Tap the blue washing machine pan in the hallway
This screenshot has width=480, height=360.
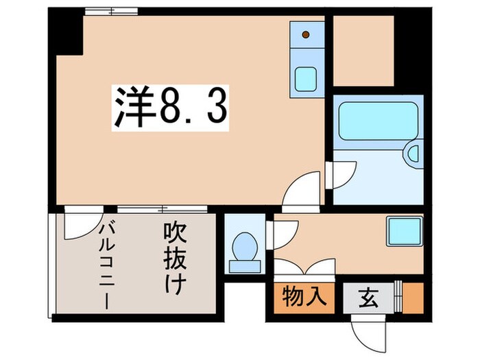pyautogui.click(x=405, y=232)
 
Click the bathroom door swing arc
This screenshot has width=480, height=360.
pyautogui.click(x=340, y=175)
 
